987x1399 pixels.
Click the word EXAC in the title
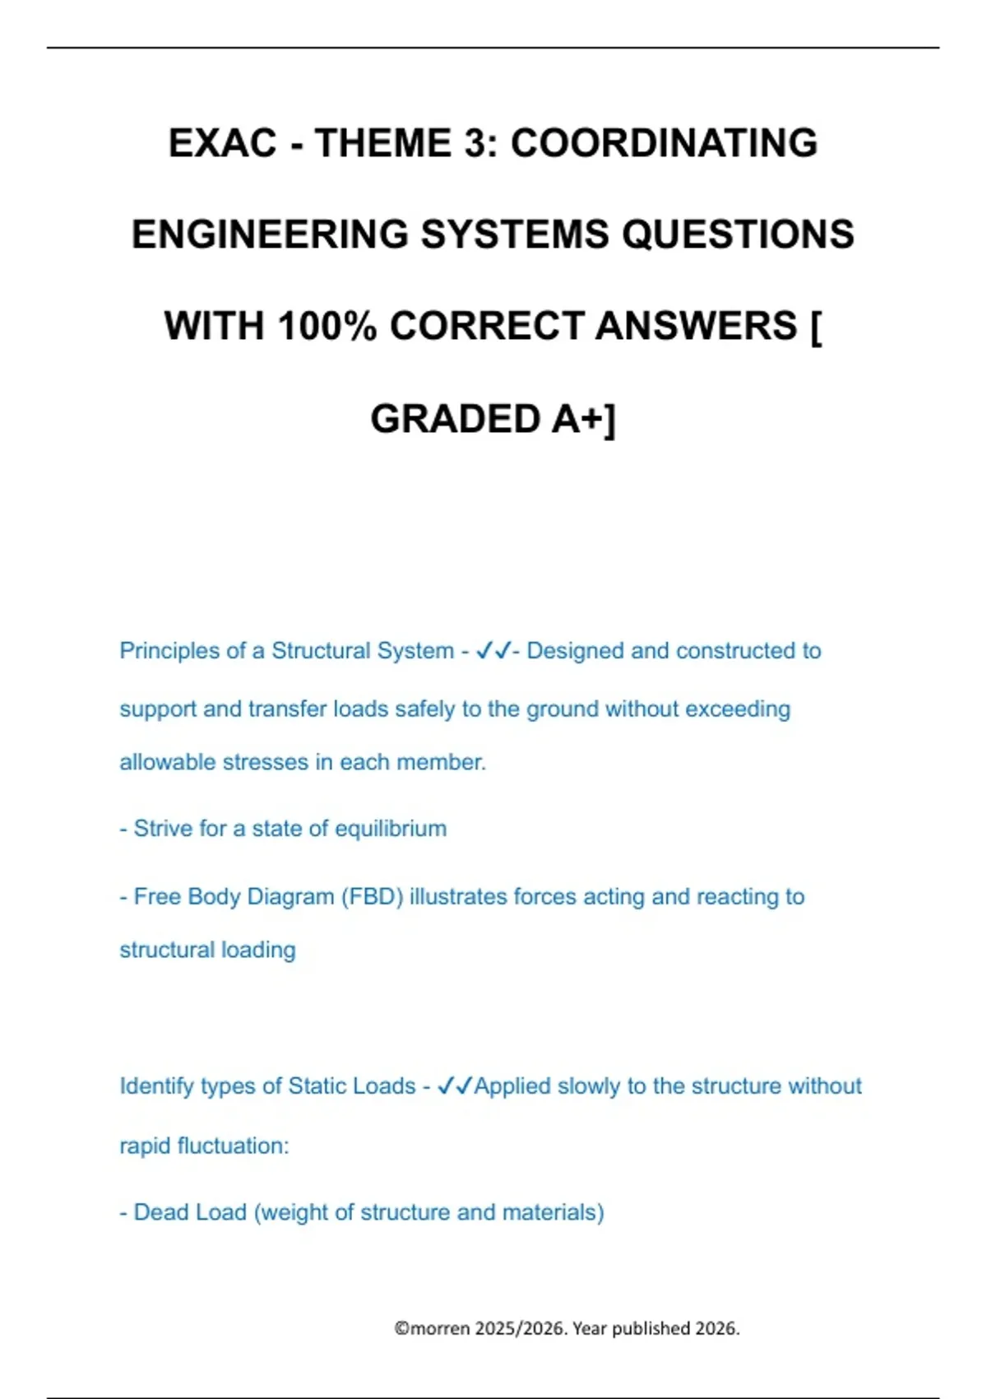(222, 143)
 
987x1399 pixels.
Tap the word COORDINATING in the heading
(664, 143)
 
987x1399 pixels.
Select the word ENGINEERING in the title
(270, 235)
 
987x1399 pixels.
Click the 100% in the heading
(327, 326)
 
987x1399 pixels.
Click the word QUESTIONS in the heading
(738, 235)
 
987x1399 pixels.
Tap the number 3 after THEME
(478, 143)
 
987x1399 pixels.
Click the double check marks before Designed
(493, 651)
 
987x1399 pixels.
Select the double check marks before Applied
(455, 1086)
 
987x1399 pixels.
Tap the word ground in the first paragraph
(562, 709)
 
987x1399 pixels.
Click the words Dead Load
(190, 1212)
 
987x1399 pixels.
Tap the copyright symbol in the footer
(401, 1328)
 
